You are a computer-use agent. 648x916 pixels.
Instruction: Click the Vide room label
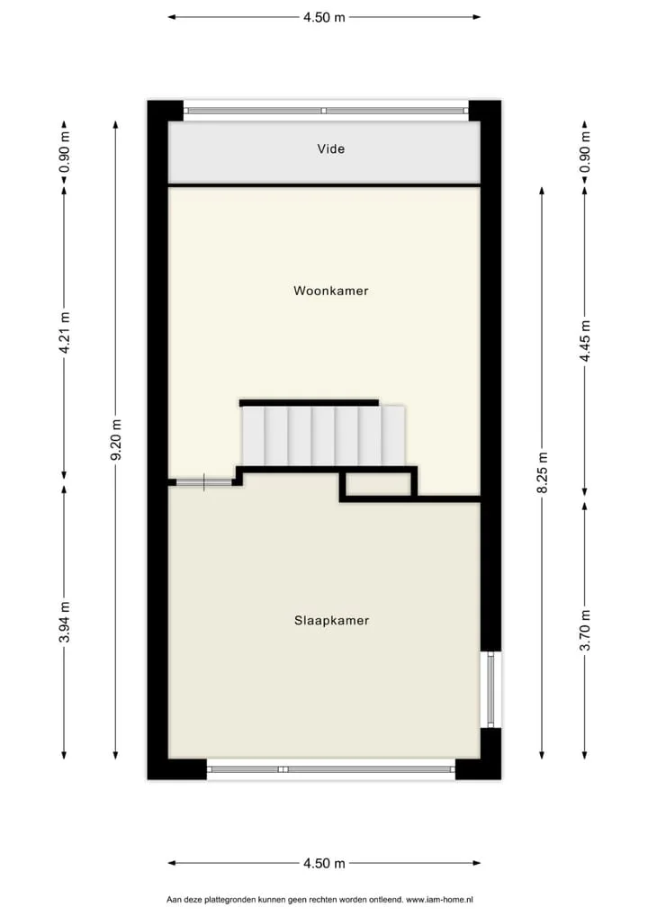(x=330, y=149)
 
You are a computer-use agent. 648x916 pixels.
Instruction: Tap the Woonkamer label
(x=330, y=291)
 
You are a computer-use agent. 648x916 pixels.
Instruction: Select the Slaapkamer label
(x=331, y=620)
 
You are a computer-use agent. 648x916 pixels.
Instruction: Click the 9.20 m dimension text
(x=116, y=439)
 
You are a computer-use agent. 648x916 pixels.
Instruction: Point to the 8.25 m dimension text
(x=543, y=472)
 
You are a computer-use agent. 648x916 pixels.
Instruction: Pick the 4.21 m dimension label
(x=64, y=332)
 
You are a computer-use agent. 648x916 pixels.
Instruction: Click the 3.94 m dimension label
(x=64, y=622)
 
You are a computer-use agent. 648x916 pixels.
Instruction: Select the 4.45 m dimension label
(x=585, y=341)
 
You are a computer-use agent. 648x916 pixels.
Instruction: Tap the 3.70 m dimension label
(x=585, y=629)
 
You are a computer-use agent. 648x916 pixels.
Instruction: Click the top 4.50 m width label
(x=324, y=17)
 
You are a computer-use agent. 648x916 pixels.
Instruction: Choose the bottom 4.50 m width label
(x=324, y=864)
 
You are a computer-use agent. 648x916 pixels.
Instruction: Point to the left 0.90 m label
(x=64, y=152)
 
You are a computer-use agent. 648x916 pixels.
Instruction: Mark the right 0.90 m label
(x=585, y=152)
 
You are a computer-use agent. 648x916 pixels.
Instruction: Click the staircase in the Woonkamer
(x=323, y=436)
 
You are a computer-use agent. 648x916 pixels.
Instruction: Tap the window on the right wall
(x=490, y=689)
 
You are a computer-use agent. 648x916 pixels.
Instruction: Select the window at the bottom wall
(x=330, y=769)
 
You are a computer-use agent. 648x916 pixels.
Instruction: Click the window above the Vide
(x=326, y=111)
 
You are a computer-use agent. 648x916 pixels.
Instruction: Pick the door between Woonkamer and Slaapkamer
(x=204, y=482)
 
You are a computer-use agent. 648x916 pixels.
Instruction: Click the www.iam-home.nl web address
(x=439, y=900)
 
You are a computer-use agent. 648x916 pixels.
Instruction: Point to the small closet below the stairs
(x=378, y=484)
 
